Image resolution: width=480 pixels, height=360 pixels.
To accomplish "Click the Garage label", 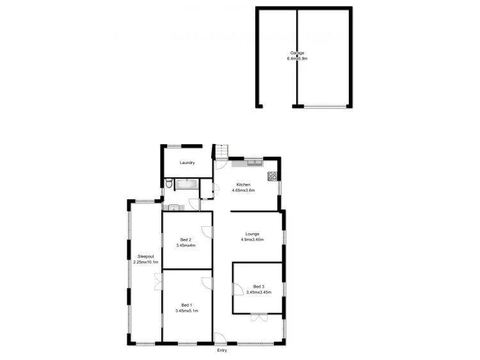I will point(298,53).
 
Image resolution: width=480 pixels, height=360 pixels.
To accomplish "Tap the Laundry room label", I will point(187,163).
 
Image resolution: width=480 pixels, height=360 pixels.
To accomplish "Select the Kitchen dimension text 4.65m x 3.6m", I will point(244,190).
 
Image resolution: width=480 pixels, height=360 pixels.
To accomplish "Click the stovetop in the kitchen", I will point(272,176).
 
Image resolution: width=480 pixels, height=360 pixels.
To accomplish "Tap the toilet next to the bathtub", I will point(168,184).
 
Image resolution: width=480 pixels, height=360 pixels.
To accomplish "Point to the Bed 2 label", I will point(186,240).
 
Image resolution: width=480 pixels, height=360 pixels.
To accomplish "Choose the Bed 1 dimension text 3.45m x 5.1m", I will point(186,311).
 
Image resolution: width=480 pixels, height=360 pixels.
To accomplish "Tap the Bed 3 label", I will point(258,286).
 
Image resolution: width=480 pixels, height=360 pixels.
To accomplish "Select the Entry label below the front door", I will point(221,350).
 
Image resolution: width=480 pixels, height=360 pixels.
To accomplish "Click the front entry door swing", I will point(220,339).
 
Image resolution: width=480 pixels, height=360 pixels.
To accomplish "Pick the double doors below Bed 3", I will point(259,316).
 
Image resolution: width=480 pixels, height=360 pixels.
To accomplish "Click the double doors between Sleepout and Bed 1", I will point(157,282).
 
